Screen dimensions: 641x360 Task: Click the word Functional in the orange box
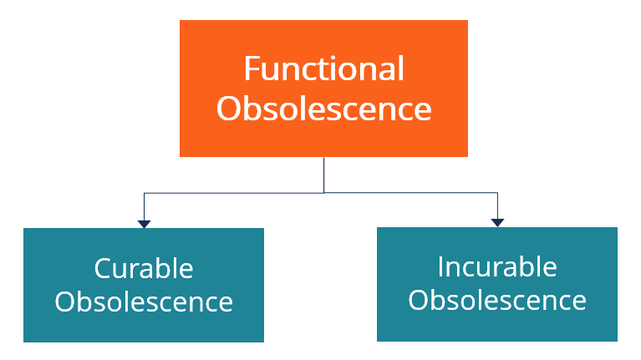pyautogui.click(x=324, y=68)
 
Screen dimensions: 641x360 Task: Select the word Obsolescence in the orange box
pyautogui.click(x=323, y=109)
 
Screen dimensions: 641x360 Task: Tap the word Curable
pyautogui.click(x=144, y=268)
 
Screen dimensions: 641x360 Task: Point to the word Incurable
pyautogui.click(x=497, y=266)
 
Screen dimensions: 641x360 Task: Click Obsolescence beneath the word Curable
pyautogui.click(x=144, y=302)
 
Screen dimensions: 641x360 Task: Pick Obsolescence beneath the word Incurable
pyautogui.click(x=497, y=301)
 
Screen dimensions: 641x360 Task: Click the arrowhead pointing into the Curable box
pyautogui.click(x=144, y=225)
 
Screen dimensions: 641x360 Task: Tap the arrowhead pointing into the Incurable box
pyautogui.click(x=497, y=223)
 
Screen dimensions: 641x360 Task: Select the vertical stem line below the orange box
pyautogui.click(x=323, y=175)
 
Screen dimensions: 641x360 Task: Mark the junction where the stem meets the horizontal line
pyautogui.click(x=323, y=193)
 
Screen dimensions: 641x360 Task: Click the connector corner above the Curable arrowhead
pyautogui.click(x=144, y=193)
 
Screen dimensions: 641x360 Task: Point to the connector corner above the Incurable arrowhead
pyautogui.click(x=497, y=192)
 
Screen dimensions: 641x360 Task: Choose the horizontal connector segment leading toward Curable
pyautogui.click(x=234, y=193)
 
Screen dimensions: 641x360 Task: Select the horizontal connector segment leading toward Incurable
pyautogui.click(x=411, y=192)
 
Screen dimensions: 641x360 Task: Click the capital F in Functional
pyautogui.click(x=251, y=68)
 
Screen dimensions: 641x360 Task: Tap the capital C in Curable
pyautogui.click(x=103, y=268)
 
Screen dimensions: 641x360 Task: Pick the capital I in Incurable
pyautogui.click(x=440, y=266)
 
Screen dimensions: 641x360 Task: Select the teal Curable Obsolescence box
pyautogui.click(x=144, y=285)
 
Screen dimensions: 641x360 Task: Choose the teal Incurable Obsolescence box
pyautogui.click(x=497, y=284)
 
